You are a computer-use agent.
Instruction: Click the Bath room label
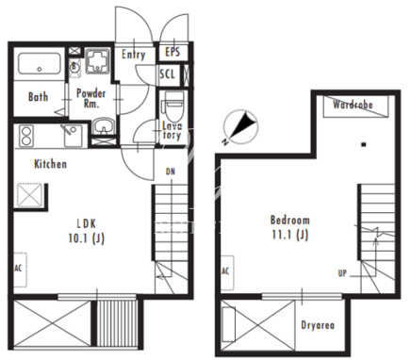coord(38,97)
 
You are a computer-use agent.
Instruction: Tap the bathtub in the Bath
coord(40,64)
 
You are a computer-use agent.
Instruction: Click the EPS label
coord(173,52)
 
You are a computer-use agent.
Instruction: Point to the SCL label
coord(167,74)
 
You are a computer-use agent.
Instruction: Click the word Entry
coord(134,55)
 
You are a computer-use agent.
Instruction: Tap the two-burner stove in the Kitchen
coord(26,136)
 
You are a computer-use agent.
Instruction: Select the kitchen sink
coord(74,136)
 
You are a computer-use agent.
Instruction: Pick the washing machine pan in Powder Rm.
coord(97,61)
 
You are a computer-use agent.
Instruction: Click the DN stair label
coord(171,172)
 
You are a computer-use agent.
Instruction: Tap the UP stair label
coord(342,273)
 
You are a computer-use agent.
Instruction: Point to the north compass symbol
coord(240,127)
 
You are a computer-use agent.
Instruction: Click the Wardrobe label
coord(353,105)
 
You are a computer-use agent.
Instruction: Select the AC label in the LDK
coord(18,269)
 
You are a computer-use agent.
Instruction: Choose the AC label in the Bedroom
coord(225,270)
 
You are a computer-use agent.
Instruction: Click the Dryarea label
coord(318,325)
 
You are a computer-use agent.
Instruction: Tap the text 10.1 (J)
coord(87,238)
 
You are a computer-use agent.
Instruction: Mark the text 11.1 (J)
coord(290,235)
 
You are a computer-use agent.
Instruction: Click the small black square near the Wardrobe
coord(364,145)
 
